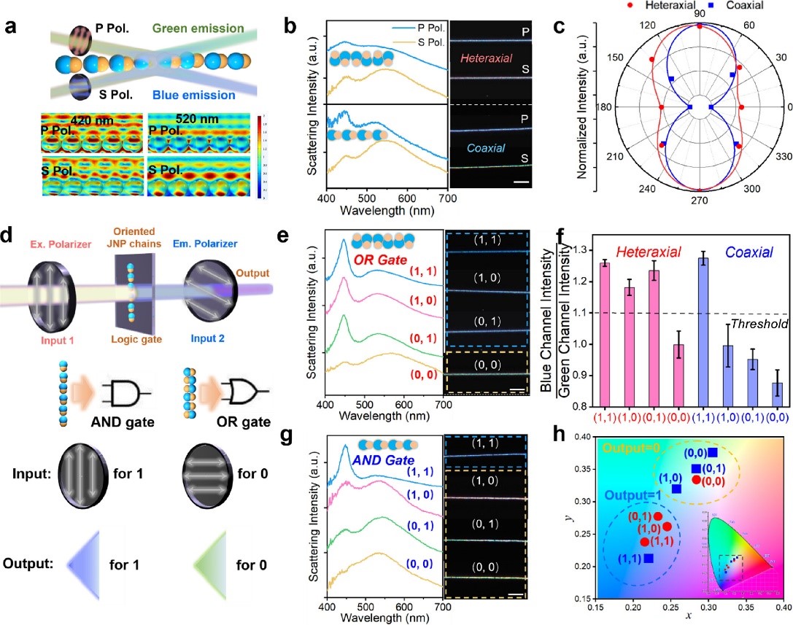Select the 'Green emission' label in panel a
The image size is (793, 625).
200,29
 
